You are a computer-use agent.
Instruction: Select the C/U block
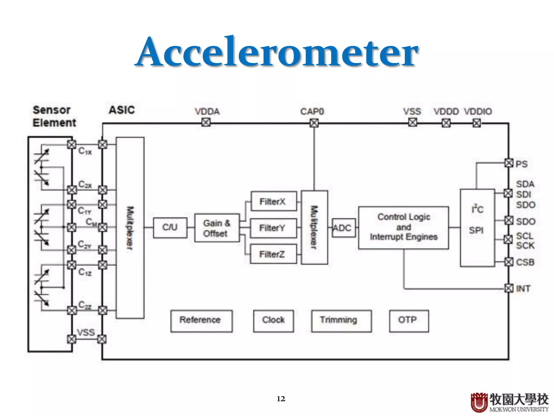click(x=170, y=227)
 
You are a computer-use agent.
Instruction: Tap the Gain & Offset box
click(x=217, y=228)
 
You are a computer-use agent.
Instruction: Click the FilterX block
click(x=273, y=201)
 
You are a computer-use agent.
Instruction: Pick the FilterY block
click(x=273, y=228)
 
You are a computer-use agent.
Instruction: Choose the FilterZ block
click(x=273, y=254)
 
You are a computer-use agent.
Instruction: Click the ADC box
click(x=343, y=228)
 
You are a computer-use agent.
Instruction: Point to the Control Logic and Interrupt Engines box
click(x=403, y=227)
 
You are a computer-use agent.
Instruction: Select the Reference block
click(x=201, y=320)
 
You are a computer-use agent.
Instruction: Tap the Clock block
click(x=273, y=320)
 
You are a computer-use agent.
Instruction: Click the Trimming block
click(x=341, y=320)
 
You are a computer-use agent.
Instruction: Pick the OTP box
click(x=409, y=320)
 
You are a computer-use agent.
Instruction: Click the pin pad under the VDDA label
click(x=206, y=123)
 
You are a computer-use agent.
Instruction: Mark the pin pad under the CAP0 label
click(x=314, y=123)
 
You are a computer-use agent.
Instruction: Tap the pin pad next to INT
click(x=509, y=288)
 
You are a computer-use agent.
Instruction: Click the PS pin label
click(x=521, y=164)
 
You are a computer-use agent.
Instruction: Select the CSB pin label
click(x=525, y=262)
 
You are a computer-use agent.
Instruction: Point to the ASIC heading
click(x=122, y=110)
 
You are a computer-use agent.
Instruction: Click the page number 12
click(x=281, y=399)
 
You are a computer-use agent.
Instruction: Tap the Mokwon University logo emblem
click(x=479, y=402)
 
